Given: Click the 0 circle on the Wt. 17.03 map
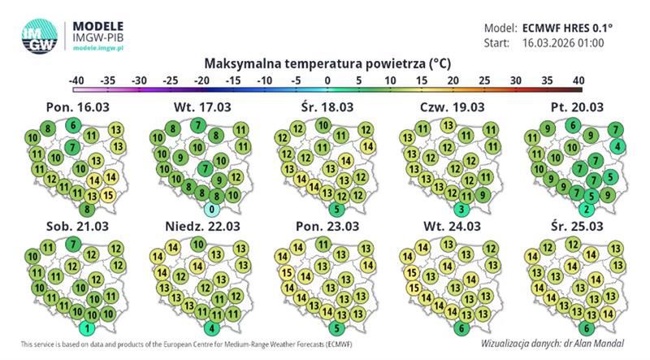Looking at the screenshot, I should pos(210,209).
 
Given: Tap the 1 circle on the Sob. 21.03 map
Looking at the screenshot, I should pos(88,328).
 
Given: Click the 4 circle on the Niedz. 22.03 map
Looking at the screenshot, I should pos(210,328).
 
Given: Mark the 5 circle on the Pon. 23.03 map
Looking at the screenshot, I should pos(336,328).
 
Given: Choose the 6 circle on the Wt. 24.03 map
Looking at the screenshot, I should pos(461,328).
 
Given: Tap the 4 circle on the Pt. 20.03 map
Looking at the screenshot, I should pos(618,146).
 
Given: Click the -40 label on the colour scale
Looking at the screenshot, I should pos(77,80).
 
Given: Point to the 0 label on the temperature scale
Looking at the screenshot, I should pos(327,80).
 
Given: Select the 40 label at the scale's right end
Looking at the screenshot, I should pos(578,80).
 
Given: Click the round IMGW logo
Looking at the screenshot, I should pos(38,35).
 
